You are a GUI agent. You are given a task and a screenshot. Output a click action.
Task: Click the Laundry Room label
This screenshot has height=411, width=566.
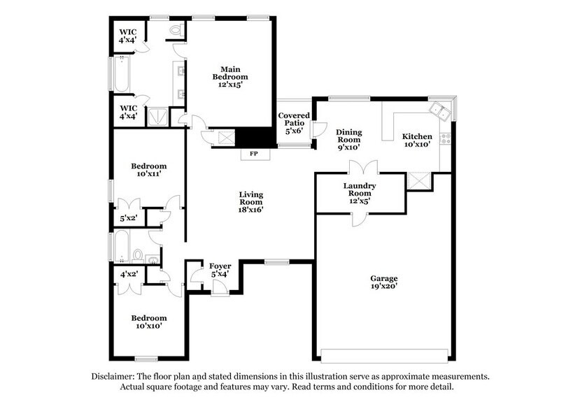click(x=360, y=193)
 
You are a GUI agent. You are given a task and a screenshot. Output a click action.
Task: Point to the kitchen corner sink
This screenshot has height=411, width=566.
click(x=441, y=109)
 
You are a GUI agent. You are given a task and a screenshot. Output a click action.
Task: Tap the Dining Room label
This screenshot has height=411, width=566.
click(x=348, y=138)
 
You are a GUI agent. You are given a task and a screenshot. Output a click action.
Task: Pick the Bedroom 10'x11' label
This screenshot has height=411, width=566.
click(x=148, y=170)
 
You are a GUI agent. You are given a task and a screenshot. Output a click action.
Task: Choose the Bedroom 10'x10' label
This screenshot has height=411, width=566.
click(x=148, y=322)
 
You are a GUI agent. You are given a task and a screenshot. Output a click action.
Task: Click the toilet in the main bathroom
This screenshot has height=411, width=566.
click(x=176, y=31)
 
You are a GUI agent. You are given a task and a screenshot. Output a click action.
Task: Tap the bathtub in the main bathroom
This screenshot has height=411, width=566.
click(x=121, y=75)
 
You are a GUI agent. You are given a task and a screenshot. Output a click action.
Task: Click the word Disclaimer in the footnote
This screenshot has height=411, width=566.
click(x=117, y=376)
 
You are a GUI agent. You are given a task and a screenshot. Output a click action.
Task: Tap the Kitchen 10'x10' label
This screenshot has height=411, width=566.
click(x=417, y=140)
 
